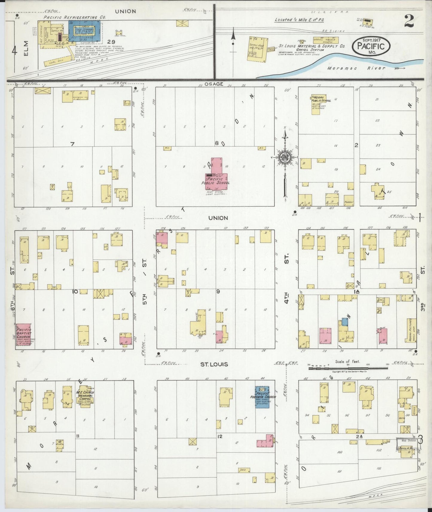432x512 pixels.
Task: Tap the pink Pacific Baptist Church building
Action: click(23, 336)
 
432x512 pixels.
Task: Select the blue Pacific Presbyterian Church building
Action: click(262, 397)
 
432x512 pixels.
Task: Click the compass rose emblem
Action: click(285, 157)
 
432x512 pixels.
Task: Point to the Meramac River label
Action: click(356, 68)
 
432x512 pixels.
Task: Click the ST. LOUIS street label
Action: click(214, 364)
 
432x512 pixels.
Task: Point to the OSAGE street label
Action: click(214, 84)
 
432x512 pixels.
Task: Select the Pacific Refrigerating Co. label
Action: click(74, 17)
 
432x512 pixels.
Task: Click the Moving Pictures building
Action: click(411, 330)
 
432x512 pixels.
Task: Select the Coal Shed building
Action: click(58, 61)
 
